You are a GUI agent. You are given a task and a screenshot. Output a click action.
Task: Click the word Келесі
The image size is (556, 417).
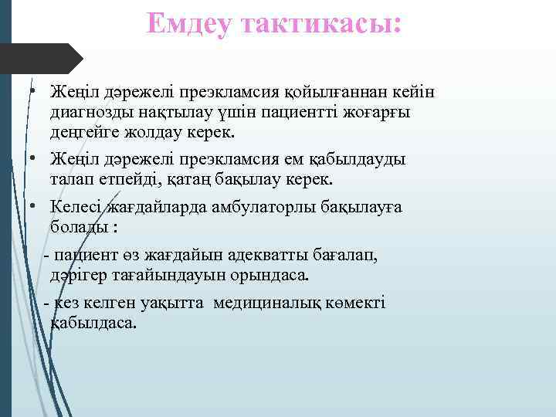(x=78, y=207)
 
